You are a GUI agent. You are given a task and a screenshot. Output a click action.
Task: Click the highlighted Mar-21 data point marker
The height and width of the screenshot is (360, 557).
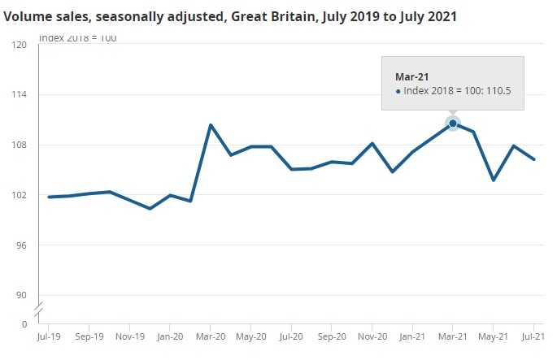[453, 124]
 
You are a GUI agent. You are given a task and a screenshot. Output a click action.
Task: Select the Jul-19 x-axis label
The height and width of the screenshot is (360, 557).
[49, 336]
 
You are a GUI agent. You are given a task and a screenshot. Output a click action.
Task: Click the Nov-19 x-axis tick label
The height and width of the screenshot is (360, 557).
[129, 336]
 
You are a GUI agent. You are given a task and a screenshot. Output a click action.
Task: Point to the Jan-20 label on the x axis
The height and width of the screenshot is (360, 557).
[170, 336]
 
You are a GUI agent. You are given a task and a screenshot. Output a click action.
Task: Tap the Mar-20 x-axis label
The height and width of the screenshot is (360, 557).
[211, 336]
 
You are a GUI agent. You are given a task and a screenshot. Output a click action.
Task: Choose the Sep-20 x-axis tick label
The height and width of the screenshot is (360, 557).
[332, 336]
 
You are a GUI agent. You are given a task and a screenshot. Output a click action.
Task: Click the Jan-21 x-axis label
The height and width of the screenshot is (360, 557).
[412, 336]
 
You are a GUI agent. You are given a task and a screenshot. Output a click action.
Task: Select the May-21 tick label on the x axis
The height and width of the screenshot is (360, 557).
[494, 336]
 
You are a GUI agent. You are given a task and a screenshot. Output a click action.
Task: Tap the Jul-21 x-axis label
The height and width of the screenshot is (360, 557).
[533, 336]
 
